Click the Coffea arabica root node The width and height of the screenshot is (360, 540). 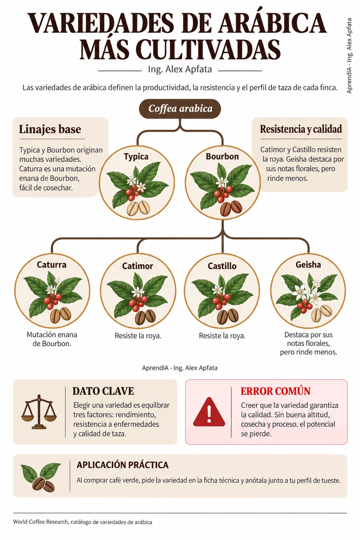[x=180, y=108]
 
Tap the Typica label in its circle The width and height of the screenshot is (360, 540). [x=136, y=157]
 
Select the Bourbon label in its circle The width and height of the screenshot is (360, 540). [x=222, y=157]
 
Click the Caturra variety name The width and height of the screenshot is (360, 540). [x=51, y=265]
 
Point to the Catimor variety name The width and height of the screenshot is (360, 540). [x=138, y=266]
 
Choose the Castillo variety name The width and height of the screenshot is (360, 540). [x=222, y=266]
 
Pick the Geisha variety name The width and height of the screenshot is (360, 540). [x=308, y=265]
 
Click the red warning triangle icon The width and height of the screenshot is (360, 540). [x=209, y=412]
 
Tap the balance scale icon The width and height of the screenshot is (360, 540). [x=39, y=412]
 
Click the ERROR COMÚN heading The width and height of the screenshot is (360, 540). [x=275, y=391]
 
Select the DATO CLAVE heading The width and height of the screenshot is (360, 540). [x=103, y=391]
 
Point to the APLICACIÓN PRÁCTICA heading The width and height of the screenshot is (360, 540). [x=122, y=465]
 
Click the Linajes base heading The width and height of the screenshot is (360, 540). [x=50, y=129]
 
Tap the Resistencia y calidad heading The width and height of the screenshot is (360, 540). [x=301, y=129]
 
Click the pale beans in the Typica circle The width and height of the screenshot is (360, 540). [x=138, y=208]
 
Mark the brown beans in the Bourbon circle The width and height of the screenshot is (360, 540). [x=231, y=208]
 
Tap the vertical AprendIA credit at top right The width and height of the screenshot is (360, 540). [x=349, y=56]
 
